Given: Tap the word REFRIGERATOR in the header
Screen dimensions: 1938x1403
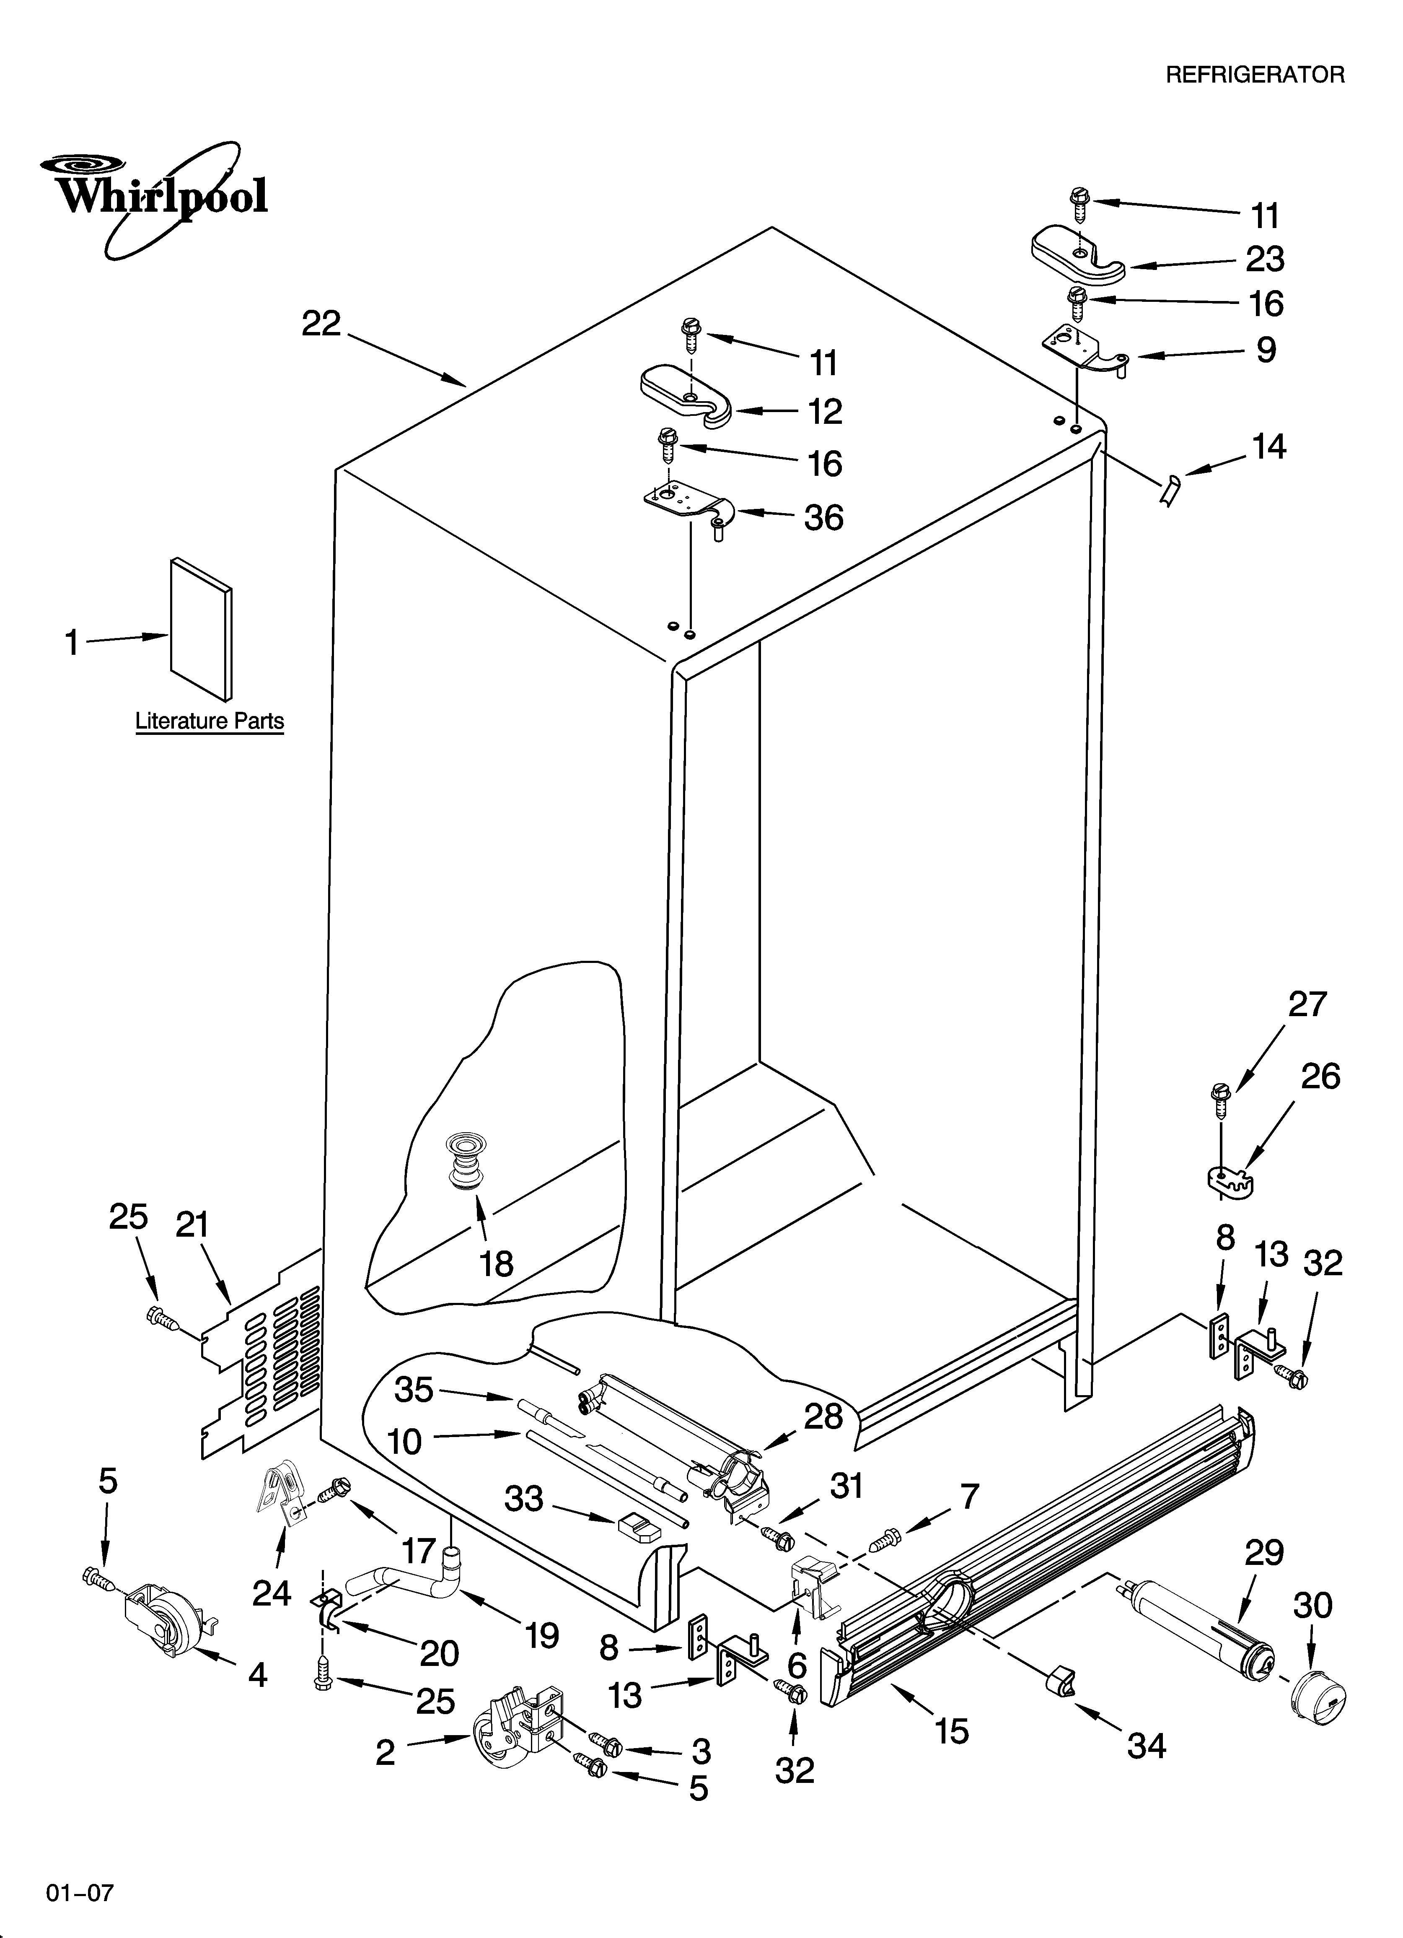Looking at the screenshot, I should (x=1254, y=75).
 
